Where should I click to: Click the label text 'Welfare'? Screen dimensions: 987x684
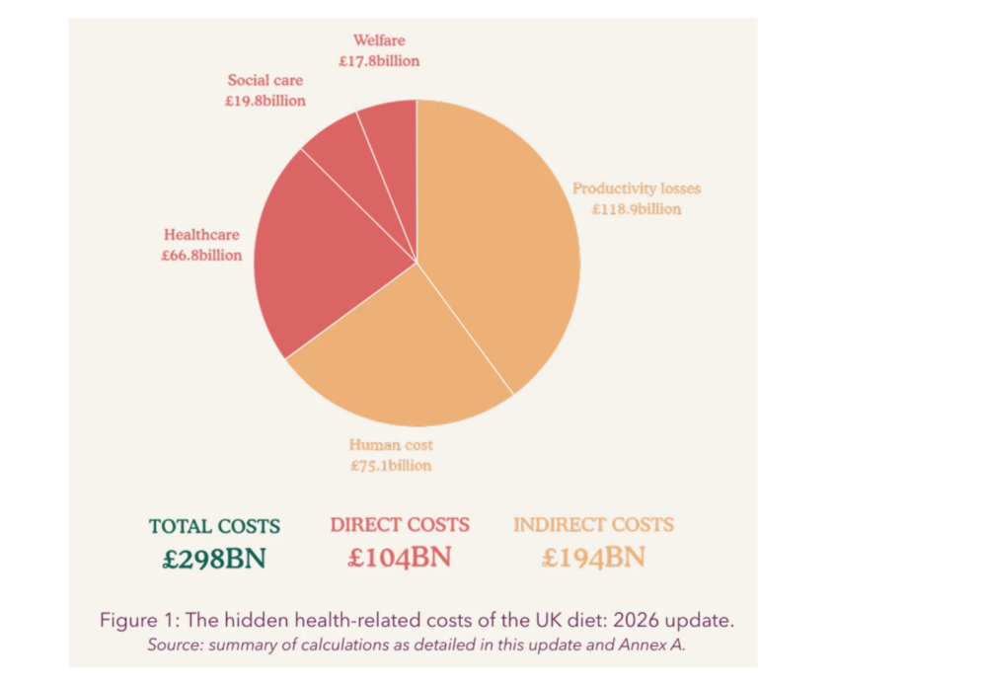(x=379, y=40)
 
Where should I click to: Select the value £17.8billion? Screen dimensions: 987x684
(x=379, y=61)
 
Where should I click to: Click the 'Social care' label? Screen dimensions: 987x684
(x=265, y=80)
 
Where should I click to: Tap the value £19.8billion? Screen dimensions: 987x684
(x=265, y=101)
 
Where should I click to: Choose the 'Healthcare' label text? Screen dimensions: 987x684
(x=201, y=235)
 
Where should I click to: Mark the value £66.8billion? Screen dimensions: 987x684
(x=201, y=256)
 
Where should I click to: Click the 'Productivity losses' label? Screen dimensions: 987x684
(x=637, y=189)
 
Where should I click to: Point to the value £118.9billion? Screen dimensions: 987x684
(x=637, y=209)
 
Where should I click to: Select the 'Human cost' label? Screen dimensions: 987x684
(x=391, y=445)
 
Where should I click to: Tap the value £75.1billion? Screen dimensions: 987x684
(x=391, y=466)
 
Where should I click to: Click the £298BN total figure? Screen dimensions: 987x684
(x=214, y=559)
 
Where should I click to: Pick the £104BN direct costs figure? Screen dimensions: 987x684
(x=400, y=558)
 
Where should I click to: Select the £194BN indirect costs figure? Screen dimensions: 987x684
(x=593, y=558)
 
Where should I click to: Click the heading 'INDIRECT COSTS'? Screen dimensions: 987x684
(x=593, y=525)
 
